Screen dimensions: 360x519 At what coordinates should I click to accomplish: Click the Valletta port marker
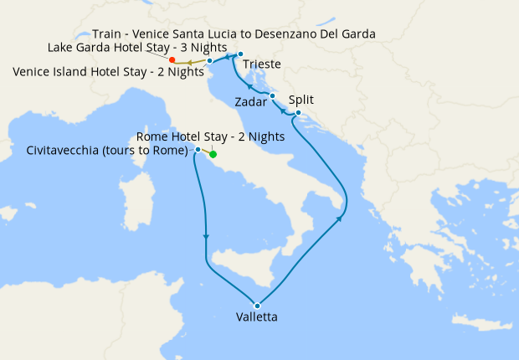(258, 305)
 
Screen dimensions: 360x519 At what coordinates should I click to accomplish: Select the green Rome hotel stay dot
(213, 154)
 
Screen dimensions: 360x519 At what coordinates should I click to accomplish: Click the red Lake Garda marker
(172, 60)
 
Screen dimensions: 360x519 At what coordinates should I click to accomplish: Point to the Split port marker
(299, 112)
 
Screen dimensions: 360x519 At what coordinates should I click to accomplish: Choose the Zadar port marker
(272, 96)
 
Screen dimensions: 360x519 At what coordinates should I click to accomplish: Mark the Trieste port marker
(240, 55)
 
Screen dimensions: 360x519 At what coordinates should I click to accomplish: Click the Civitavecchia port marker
(198, 150)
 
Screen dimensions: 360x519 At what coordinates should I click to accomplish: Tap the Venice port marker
(209, 61)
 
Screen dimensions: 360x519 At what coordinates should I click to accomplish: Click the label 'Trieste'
(262, 64)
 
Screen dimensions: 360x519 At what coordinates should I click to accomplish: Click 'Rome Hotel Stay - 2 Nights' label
(210, 136)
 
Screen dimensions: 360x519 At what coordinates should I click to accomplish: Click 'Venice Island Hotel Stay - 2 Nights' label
(109, 71)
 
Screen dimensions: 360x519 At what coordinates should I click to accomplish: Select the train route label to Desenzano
(234, 33)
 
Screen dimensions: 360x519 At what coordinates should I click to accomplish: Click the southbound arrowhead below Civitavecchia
(205, 237)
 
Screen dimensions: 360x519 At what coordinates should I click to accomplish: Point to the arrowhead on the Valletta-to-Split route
(340, 219)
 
